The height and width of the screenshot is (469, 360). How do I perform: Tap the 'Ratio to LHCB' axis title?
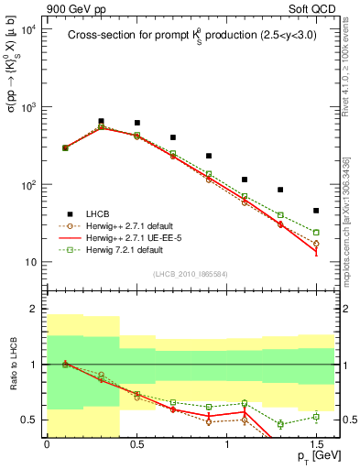(x=12, y=365)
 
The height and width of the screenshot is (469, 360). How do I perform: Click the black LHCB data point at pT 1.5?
(x=316, y=211)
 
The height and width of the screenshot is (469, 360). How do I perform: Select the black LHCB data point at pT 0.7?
(x=172, y=137)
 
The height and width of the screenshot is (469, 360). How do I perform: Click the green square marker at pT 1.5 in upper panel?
(x=316, y=233)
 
